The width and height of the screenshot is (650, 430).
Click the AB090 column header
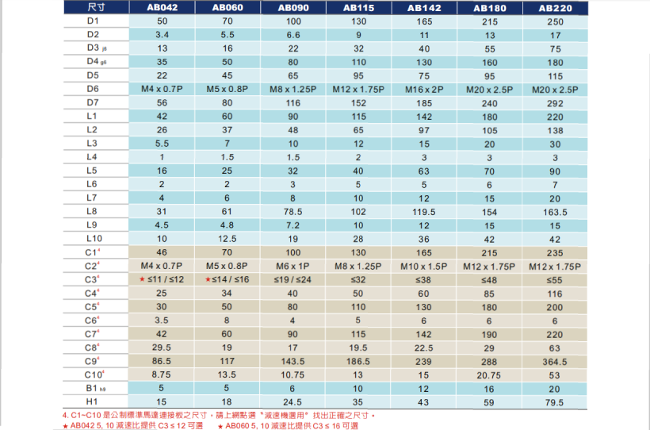[293, 7]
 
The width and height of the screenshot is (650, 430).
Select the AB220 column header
[554, 7]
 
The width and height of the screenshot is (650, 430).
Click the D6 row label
[94, 88]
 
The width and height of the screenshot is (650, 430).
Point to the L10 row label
[94, 238]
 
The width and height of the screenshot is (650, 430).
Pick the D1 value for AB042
[162, 21]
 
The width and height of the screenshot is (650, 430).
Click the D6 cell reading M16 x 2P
[424, 89]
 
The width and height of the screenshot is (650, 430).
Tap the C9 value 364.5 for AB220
[554, 360]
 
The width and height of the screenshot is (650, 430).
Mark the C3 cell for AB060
[228, 279]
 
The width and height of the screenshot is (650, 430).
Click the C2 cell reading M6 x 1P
[293, 265]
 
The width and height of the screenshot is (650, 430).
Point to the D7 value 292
[554, 102]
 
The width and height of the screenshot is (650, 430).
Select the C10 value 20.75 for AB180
[489, 374]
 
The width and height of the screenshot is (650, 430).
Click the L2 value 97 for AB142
[424, 129]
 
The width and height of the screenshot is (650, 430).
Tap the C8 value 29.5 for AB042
[162, 347]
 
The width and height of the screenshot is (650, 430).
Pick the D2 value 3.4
[162, 34]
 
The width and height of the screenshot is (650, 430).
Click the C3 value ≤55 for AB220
[554, 279]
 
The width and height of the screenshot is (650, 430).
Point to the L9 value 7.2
[293, 225]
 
